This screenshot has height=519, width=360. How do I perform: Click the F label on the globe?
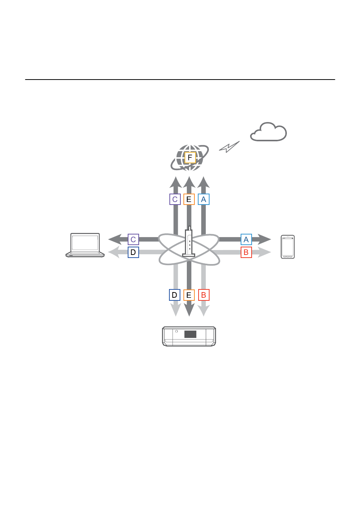pyautogui.click(x=190, y=158)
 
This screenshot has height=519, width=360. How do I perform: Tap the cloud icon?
pyautogui.click(x=268, y=132)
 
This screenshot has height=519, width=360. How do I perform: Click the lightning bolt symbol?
pyautogui.click(x=229, y=147)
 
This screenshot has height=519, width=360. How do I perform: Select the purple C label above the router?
pyautogui.click(x=175, y=199)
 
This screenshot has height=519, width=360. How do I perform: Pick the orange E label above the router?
pyautogui.click(x=189, y=199)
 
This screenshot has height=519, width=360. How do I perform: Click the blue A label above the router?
pyautogui.click(x=203, y=199)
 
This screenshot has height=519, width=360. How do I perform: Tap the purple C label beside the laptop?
pyautogui.click(x=133, y=239)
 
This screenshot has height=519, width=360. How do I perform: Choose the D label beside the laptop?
pyautogui.click(x=133, y=252)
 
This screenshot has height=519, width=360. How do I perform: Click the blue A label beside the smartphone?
pyautogui.click(x=246, y=239)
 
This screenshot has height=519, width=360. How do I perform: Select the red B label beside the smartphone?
pyautogui.click(x=246, y=252)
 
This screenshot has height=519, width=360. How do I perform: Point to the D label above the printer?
pyautogui.click(x=174, y=295)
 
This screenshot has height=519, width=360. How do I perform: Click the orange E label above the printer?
pyautogui.click(x=189, y=295)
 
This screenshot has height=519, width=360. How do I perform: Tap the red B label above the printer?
pyautogui.click(x=203, y=295)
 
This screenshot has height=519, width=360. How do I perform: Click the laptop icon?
pyautogui.click(x=85, y=245)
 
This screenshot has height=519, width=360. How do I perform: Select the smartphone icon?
pyautogui.click(x=288, y=247)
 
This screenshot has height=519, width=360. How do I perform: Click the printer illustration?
pyautogui.click(x=189, y=336)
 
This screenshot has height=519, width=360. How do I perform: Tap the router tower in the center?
pyautogui.click(x=189, y=242)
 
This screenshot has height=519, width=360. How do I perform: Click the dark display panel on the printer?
pyautogui.click(x=190, y=334)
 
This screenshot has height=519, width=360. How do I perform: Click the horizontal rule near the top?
pyautogui.click(x=180, y=80)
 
